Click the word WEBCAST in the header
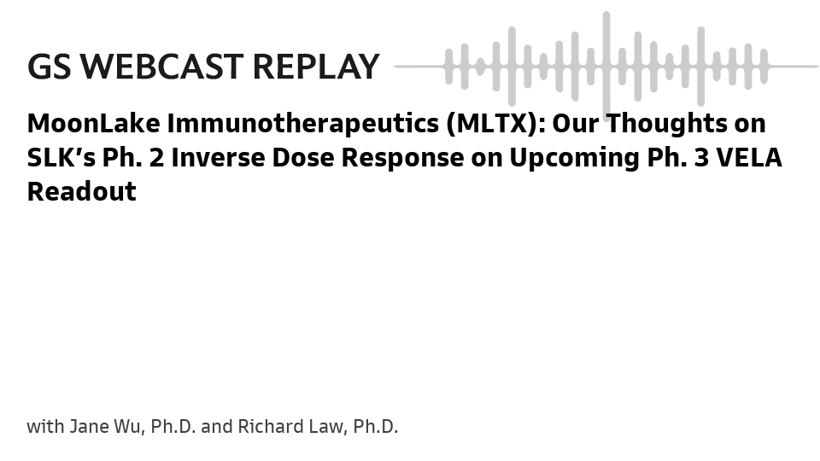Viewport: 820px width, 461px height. (x=161, y=67)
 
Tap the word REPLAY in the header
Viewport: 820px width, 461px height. (x=316, y=67)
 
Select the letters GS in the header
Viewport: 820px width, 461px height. (x=50, y=67)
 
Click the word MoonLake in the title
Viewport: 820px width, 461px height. (x=94, y=123)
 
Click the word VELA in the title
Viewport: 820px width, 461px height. (x=749, y=158)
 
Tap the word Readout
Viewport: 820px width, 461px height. (x=82, y=192)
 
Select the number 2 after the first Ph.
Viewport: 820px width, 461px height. (x=156, y=158)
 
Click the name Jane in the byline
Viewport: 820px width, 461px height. (x=89, y=427)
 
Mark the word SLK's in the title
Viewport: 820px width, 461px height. (x=61, y=158)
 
